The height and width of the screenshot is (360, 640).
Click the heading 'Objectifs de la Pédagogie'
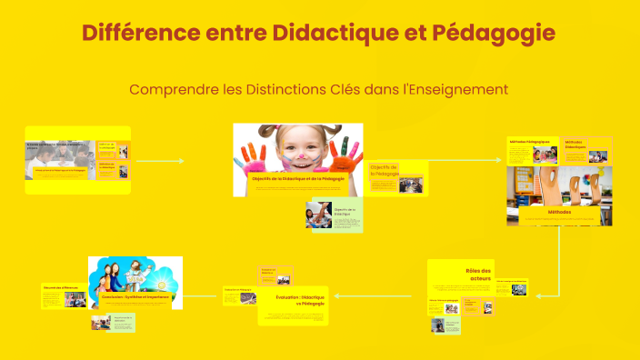pyautogui.click(x=385, y=170)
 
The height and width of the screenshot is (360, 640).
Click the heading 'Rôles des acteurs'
pyautogui.click(x=478, y=275)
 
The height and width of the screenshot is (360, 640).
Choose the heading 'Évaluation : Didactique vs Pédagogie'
pyautogui.click(x=298, y=300)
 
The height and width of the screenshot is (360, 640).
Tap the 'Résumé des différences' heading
pyautogui.click(x=61, y=287)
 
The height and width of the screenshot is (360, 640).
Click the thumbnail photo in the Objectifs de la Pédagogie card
pyautogui.click(x=410, y=185)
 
